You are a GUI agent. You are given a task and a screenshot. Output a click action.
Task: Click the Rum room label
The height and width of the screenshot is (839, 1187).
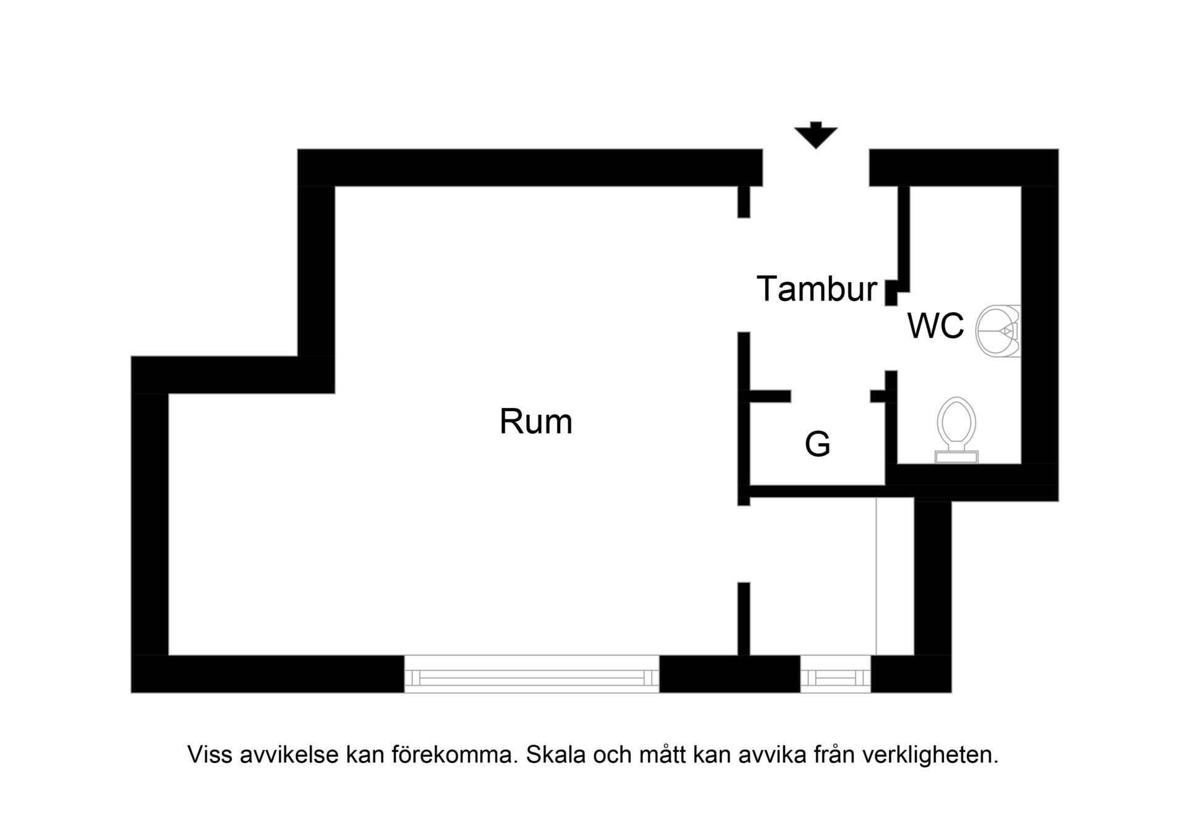pyautogui.click(x=536, y=422)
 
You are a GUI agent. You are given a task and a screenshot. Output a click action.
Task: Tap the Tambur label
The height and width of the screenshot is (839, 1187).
pyautogui.click(x=817, y=289)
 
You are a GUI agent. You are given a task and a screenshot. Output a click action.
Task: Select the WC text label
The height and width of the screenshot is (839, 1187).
pyautogui.click(x=935, y=326)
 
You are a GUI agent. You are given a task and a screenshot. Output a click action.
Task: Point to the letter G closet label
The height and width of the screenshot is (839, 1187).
pyautogui.click(x=817, y=444)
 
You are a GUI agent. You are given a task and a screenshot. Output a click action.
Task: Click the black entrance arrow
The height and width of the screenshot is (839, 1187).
pyautogui.click(x=816, y=135)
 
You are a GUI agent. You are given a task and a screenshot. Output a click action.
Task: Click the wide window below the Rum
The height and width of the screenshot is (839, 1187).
pyautogui.click(x=532, y=674)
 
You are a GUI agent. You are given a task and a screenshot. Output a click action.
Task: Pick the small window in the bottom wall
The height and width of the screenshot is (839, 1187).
pyautogui.click(x=836, y=674)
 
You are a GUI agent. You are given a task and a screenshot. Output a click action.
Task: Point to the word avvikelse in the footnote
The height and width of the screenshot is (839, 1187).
pyautogui.click(x=289, y=755)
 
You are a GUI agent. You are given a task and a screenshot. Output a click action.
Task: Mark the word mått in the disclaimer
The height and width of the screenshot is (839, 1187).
pyautogui.click(x=663, y=755)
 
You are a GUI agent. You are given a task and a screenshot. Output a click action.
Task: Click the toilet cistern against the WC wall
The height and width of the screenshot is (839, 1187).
pyautogui.click(x=956, y=457)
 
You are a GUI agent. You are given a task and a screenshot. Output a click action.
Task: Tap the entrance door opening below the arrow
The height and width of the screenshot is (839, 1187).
pyautogui.click(x=816, y=168)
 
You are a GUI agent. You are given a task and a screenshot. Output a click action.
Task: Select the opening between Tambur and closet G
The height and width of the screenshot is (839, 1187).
pyautogui.click(x=831, y=396)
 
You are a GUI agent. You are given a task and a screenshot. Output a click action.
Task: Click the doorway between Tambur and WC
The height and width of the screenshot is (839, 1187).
pyautogui.click(x=891, y=338)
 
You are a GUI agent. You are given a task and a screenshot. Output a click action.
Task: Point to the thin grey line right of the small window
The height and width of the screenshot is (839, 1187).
pyautogui.click(x=876, y=576)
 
